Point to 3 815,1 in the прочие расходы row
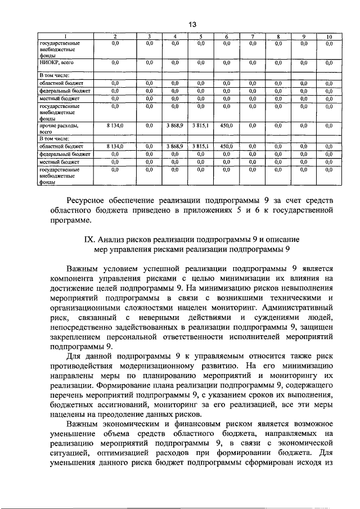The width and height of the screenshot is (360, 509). click(x=200, y=127)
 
